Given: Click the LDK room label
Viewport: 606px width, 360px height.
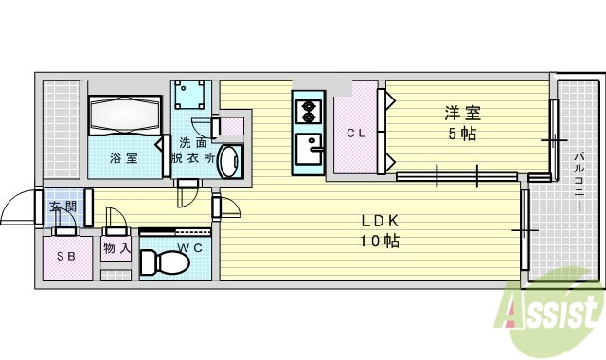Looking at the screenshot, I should (379, 222).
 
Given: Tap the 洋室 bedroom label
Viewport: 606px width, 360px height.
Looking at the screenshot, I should (463, 114).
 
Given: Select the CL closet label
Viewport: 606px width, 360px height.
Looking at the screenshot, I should (355, 134).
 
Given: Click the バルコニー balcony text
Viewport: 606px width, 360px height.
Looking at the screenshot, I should (578, 180).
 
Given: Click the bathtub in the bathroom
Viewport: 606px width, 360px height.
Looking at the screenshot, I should (125, 118).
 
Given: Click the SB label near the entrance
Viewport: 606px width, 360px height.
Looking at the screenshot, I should (65, 257).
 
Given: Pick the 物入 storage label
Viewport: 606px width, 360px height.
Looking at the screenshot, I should (116, 249).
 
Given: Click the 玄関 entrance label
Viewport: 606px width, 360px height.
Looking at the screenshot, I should (62, 207).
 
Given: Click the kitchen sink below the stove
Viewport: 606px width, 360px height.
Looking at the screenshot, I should (309, 150).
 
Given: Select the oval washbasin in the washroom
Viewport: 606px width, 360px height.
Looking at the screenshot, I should (228, 161).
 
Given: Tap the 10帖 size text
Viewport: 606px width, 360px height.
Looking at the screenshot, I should (379, 242).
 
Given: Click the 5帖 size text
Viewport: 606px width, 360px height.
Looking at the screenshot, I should (463, 134).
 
